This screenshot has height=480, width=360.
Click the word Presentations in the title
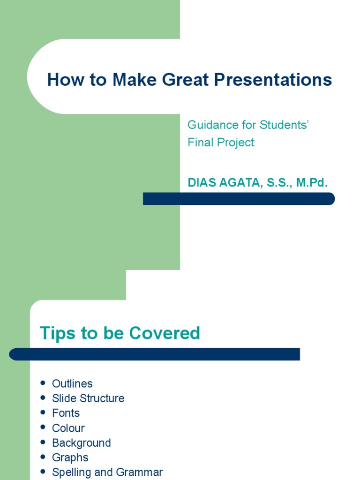tap(273, 80)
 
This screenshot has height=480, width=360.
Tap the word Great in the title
tap(186, 80)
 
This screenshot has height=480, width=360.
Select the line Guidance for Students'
tap(248, 125)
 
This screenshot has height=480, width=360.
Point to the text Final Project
tap(221, 142)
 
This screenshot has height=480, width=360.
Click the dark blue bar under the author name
tap(239, 199)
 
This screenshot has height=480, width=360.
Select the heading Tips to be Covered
tap(120, 333)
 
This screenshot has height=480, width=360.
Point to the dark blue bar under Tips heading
tap(155, 354)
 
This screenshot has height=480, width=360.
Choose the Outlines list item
tap(72, 383)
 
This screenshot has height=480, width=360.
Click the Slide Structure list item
tap(88, 398)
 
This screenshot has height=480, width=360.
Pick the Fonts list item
tap(66, 413)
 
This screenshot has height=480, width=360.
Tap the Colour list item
tap(68, 428)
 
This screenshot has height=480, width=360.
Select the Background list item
tap(82, 443)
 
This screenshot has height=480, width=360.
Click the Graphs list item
tap(70, 457)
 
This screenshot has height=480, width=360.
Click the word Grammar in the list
tap(142, 472)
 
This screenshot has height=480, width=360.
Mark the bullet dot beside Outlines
tap(43, 383)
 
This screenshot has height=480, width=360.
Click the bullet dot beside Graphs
tap(43, 457)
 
